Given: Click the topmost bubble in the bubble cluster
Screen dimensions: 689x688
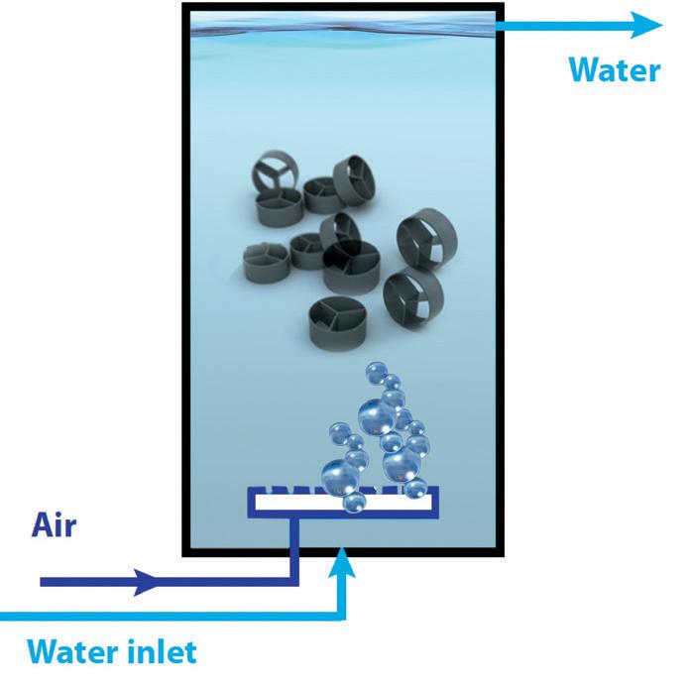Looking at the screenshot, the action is click(x=376, y=372).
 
